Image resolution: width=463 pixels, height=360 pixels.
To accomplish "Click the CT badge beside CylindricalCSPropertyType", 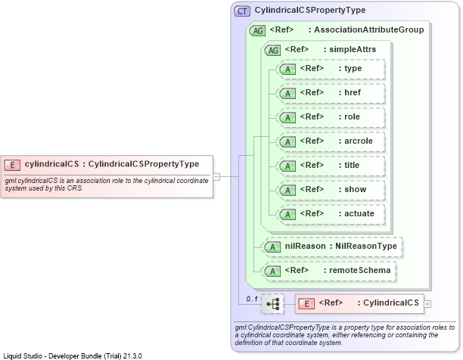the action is click(242, 11).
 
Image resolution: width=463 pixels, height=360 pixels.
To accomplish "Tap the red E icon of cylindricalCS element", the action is click(12, 165).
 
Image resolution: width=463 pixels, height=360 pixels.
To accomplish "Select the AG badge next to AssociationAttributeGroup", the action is click(257, 30).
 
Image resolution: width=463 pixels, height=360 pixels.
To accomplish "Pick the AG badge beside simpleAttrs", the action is click(272, 50).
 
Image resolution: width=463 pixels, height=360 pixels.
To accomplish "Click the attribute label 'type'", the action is click(353, 69).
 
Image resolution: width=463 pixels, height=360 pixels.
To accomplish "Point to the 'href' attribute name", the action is click(353, 92).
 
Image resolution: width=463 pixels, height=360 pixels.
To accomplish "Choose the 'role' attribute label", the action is click(352, 116).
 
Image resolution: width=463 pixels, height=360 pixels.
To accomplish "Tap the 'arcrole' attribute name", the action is click(359, 141).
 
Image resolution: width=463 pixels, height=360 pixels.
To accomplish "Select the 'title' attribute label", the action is click(352, 165).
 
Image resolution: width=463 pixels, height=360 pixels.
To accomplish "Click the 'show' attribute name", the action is click(356, 189).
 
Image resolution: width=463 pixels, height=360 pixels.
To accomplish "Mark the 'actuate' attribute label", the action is click(359, 213).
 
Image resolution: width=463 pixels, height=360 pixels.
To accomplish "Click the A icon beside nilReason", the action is click(272, 247).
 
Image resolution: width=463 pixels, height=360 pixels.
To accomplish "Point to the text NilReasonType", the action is click(366, 246).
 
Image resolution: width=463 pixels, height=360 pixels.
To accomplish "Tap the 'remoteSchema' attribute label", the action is click(359, 270).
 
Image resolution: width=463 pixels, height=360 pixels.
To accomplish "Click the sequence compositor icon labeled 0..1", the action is click(272, 303).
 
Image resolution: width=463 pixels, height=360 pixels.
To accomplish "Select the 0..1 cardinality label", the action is click(252, 299).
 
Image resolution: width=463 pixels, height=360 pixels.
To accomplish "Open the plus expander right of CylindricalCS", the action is click(427, 303).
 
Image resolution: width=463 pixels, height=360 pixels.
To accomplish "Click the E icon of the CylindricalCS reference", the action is click(306, 303).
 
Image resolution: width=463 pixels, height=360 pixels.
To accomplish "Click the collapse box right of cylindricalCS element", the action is click(216, 176).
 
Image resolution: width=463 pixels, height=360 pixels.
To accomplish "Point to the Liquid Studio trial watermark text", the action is click(73, 356).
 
